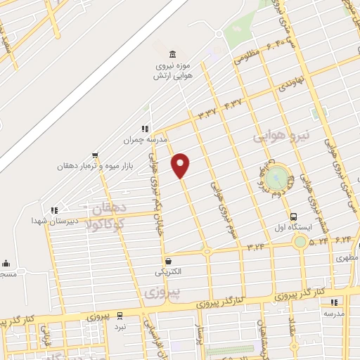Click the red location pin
(181, 165)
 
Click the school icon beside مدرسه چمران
(145, 129)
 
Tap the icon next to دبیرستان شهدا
(53, 210)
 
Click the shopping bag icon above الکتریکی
(167, 261)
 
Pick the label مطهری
(347, 257)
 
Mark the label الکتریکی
(168, 271)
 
